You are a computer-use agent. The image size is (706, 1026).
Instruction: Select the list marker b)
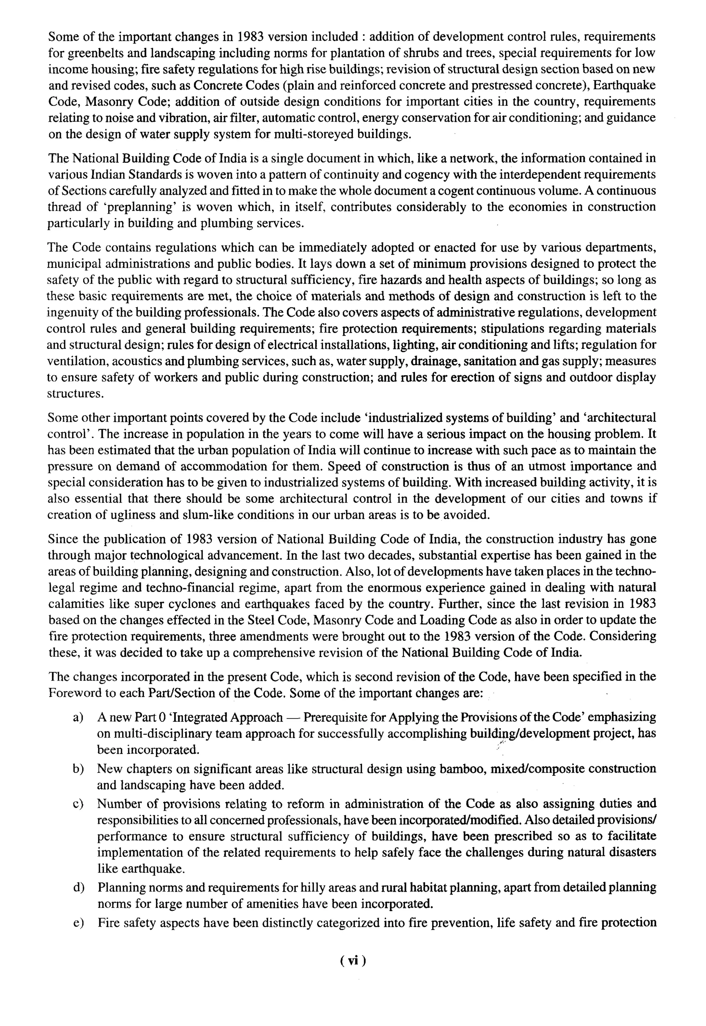(x=78, y=769)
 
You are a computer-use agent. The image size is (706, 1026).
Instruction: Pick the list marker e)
(x=78, y=923)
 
